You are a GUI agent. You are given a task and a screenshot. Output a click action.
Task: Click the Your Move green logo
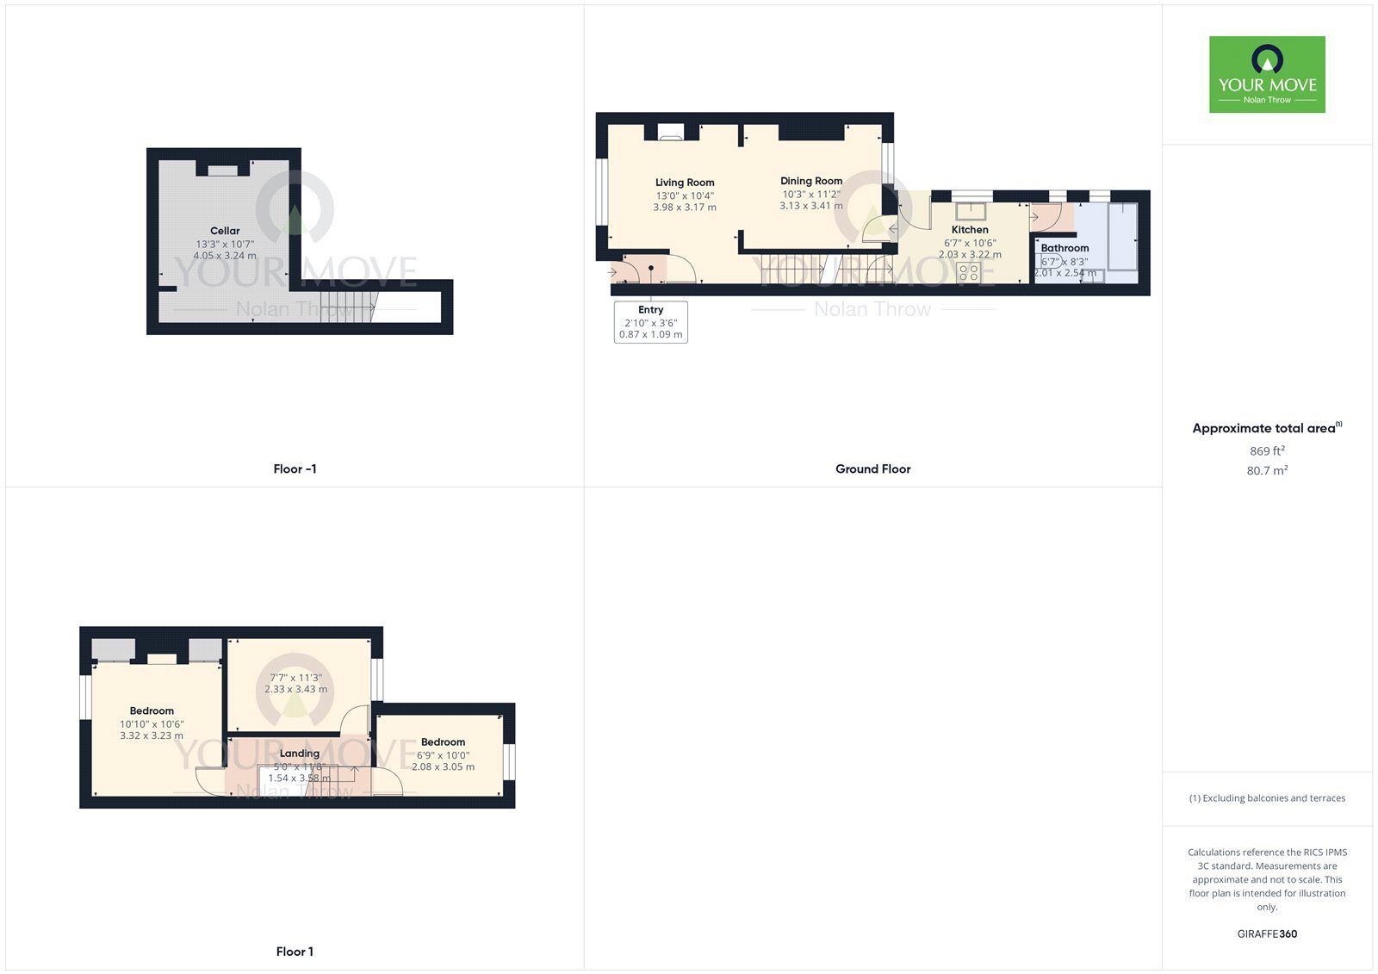(x=1267, y=74)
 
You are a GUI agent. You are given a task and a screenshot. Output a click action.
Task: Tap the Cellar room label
(x=225, y=231)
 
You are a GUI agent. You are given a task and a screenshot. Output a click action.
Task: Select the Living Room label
(x=685, y=183)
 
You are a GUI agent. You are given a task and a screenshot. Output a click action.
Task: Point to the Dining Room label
(x=811, y=181)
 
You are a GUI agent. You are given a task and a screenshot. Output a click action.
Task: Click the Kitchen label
(x=970, y=230)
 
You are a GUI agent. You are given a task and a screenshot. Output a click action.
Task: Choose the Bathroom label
(x=1065, y=248)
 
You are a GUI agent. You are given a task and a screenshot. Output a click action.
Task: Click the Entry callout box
(x=651, y=322)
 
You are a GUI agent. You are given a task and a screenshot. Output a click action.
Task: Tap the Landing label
(x=299, y=754)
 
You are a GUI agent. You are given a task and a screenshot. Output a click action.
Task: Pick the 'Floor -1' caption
(x=295, y=469)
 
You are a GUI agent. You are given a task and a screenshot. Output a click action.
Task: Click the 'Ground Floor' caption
(x=872, y=469)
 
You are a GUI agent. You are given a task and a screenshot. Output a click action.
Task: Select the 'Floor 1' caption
(x=295, y=952)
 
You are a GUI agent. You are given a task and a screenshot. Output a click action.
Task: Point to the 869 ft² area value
(x=1267, y=451)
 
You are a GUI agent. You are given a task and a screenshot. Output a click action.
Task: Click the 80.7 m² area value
(x=1267, y=471)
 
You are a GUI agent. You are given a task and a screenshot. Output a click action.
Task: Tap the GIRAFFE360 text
(x=1267, y=934)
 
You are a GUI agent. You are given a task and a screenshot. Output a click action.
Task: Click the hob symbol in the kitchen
(x=968, y=273)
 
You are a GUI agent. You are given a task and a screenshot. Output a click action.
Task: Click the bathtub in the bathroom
(x=1122, y=237)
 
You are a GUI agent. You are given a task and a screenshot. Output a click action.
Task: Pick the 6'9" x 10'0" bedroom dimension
(x=443, y=755)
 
